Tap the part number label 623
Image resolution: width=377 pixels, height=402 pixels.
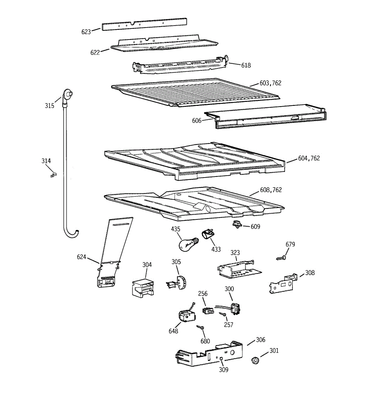(x=86, y=32)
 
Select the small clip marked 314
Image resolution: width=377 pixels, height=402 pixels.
(x=54, y=175)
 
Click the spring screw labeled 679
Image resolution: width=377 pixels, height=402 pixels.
(x=281, y=258)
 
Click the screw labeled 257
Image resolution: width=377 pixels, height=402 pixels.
(x=223, y=314)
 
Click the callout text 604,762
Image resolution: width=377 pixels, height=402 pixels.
(x=309, y=158)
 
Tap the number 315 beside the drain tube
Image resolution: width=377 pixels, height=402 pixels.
(x=50, y=106)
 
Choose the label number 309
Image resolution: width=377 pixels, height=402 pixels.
(x=224, y=370)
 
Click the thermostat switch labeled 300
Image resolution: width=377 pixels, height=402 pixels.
(x=236, y=309)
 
